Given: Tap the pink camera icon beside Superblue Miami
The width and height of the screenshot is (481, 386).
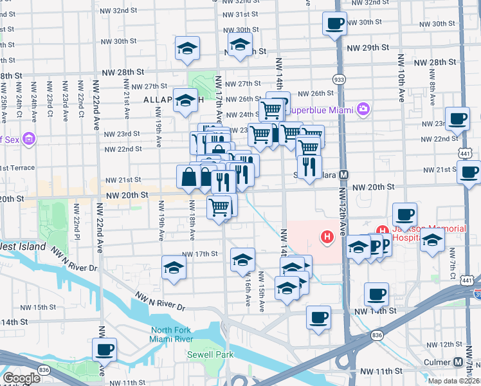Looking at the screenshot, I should pos(363,109).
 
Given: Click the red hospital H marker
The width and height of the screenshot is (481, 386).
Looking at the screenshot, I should pos(328,238).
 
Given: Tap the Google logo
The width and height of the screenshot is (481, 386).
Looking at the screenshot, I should pos(21,378).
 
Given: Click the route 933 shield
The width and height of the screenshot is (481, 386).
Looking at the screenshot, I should pos(338,78).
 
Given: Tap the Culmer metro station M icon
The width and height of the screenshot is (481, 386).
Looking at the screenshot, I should pos(458,362).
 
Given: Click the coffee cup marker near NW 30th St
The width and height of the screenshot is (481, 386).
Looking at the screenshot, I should pos(334,24).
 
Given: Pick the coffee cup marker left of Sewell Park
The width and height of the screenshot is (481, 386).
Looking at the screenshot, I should pos(104,351).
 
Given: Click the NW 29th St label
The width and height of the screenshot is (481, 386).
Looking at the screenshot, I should pos(368,48).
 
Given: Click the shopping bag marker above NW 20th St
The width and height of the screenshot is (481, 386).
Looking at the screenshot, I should pos(188,177).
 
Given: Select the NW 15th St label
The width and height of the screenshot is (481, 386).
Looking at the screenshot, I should pos(55,307).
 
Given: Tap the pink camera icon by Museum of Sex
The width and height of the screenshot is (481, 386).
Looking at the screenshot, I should pos(28,138).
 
